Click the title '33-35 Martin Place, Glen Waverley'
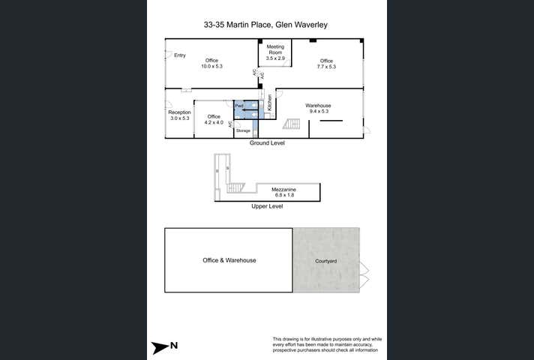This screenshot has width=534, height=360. point(266,25)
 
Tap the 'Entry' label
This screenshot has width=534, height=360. point(179,55)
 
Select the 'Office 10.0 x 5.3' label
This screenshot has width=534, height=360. point(211,63)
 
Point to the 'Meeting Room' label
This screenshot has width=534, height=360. point(275,52)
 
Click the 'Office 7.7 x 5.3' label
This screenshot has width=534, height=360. point(326,64)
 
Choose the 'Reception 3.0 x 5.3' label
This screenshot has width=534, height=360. point(179,115)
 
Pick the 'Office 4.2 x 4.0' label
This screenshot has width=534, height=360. point(214,119)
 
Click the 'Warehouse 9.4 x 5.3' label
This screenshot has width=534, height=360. point(318,109)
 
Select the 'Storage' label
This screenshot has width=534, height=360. point(243,131)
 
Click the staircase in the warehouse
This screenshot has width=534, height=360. point(291,124)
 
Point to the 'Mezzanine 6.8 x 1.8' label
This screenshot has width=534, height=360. point(283,193)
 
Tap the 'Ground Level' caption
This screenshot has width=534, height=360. point(266,142)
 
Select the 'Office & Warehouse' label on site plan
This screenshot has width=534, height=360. point(229,260)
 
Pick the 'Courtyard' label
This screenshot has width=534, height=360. point(325,260)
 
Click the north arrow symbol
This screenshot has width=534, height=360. point(160,346)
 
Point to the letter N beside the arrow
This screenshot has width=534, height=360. point(174,346)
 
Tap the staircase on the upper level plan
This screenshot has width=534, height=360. point(236,187)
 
